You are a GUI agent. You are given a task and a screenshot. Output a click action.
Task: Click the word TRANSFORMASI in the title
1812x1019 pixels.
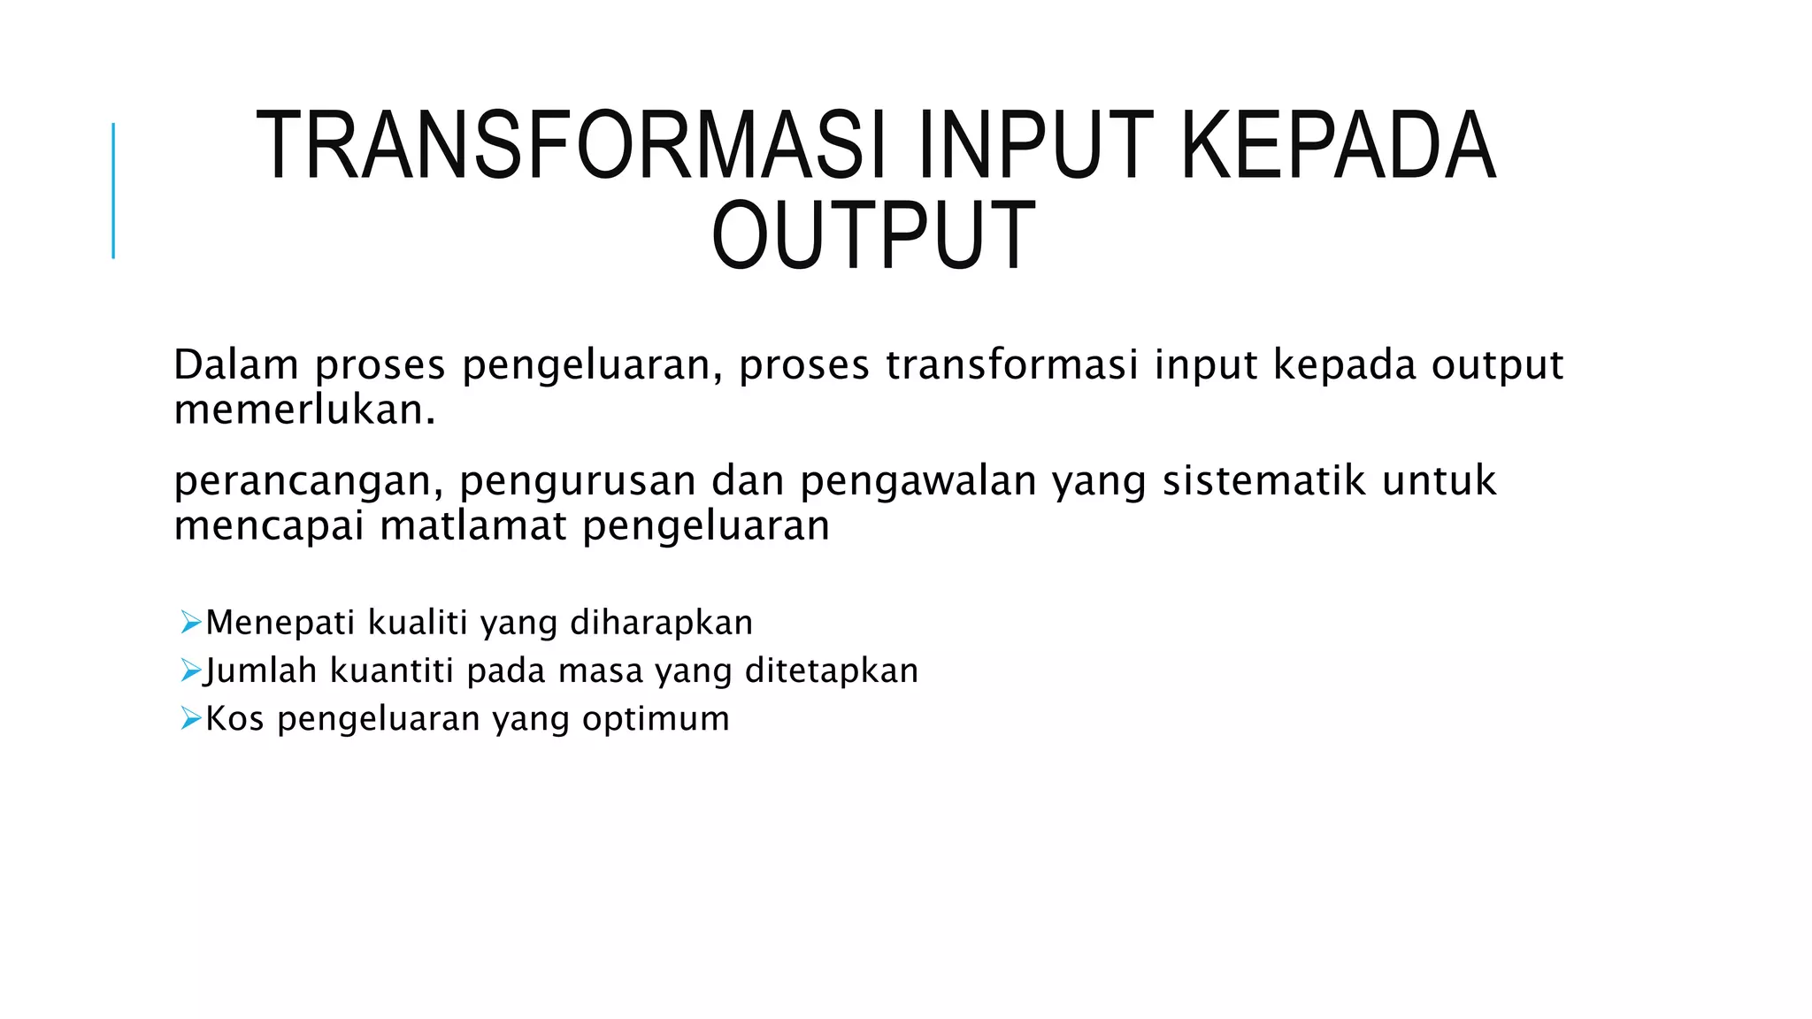[x=572, y=145]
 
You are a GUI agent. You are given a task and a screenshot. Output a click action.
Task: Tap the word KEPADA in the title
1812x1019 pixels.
[x=1338, y=145]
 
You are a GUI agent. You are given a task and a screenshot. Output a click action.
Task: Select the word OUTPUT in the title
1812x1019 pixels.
[x=873, y=235]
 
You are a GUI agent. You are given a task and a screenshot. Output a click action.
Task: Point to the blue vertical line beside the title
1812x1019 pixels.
[x=113, y=190]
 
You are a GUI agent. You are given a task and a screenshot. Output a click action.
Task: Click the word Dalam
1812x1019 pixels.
[x=235, y=364]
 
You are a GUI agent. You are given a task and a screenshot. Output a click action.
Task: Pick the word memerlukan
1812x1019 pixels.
[x=304, y=410]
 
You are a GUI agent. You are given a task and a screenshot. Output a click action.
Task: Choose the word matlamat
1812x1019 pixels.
[x=472, y=526]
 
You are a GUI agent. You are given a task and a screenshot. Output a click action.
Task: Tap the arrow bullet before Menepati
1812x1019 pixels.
[x=190, y=622]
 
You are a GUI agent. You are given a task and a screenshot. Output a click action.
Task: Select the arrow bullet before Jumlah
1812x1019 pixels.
[x=190, y=670]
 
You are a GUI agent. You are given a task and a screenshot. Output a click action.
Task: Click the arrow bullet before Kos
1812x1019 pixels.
[x=190, y=717]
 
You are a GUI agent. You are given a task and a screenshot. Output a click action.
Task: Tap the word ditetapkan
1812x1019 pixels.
[x=832, y=670]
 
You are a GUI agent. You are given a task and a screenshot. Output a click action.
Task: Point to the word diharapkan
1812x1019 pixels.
[x=661, y=624]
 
